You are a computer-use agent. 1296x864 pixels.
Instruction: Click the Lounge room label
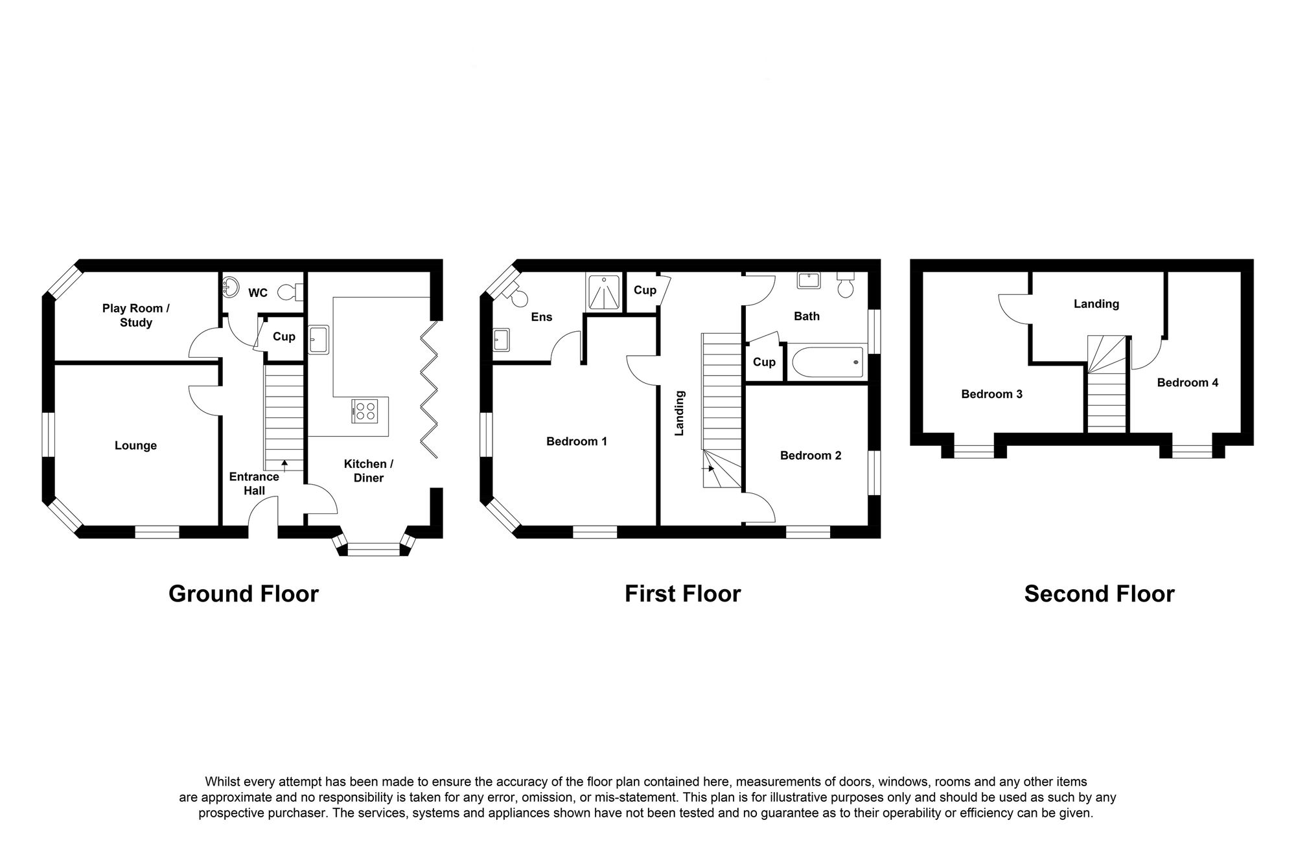click(135, 445)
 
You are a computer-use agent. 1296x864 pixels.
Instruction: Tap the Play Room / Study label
click(135, 316)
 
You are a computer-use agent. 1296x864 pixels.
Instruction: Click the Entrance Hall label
click(254, 484)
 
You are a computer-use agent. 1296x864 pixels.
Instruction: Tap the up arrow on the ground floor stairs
click(284, 464)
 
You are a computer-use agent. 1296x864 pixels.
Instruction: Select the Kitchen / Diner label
click(368, 471)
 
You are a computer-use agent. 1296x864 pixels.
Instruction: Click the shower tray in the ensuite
click(603, 294)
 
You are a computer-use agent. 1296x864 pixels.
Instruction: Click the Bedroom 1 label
click(576, 441)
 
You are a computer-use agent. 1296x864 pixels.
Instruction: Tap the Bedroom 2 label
click(810, 456)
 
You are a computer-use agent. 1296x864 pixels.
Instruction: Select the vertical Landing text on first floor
click(679, 412)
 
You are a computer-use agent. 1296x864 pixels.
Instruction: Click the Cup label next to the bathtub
click(764, 362)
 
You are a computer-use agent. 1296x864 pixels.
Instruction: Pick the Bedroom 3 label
click(991, 394)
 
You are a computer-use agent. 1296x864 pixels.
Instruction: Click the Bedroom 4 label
click(1187, 382)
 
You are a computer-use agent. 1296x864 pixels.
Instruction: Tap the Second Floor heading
click(1099, 594)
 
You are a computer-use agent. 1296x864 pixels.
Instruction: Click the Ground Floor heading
click(244, 594)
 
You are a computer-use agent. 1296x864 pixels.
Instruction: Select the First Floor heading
click(682, 594)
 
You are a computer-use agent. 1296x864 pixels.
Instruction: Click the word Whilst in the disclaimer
click(221, 782)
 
